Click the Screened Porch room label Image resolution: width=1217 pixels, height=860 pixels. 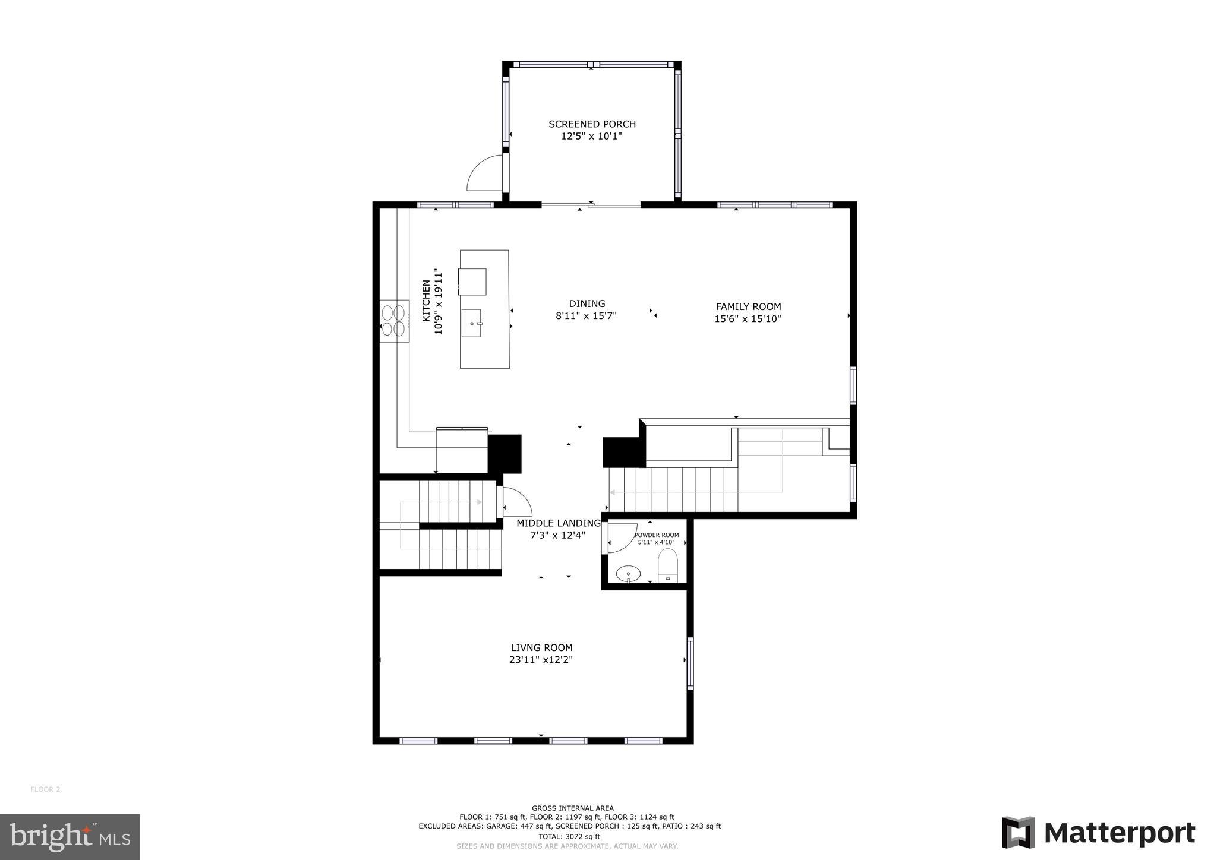592,124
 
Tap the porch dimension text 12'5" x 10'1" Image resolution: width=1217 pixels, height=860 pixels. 591,136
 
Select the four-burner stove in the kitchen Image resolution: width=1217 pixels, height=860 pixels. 393,320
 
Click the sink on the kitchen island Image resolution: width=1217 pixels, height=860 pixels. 472,323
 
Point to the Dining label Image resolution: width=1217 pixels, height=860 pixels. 587,303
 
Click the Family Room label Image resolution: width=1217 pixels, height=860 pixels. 748,306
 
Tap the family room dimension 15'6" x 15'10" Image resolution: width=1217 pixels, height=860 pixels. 748,319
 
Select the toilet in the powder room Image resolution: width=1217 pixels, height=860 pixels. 668,565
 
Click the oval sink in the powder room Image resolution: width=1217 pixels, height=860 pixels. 628,574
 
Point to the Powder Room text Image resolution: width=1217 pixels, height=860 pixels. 657,535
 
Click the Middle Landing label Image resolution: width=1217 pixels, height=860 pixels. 558,523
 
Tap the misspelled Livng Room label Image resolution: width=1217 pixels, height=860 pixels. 541,648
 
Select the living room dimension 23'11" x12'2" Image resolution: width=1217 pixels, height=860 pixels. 541,660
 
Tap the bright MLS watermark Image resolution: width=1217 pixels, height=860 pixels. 70,837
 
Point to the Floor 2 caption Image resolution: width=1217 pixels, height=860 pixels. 45,789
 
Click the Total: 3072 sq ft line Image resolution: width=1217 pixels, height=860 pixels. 569,837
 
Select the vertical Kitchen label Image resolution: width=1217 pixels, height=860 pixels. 427,301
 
